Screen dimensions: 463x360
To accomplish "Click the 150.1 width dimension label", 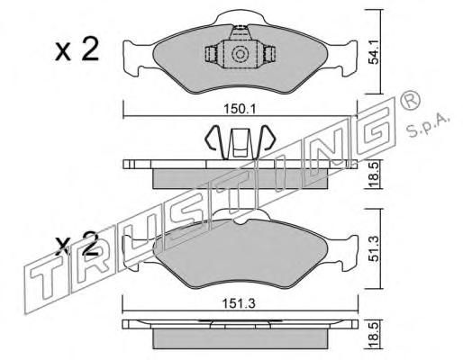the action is (x=240, y=109).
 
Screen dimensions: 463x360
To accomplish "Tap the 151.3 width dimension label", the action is (x=239, y=304).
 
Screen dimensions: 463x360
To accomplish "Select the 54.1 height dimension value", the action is (x=373, y=51).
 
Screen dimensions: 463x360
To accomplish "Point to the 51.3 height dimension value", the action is (x=373, y=248).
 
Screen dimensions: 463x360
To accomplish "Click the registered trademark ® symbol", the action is (x=410, y=101).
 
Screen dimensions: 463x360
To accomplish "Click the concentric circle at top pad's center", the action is (x=240, y=54).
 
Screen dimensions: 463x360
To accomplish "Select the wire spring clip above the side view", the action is (x=240, y=141).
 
